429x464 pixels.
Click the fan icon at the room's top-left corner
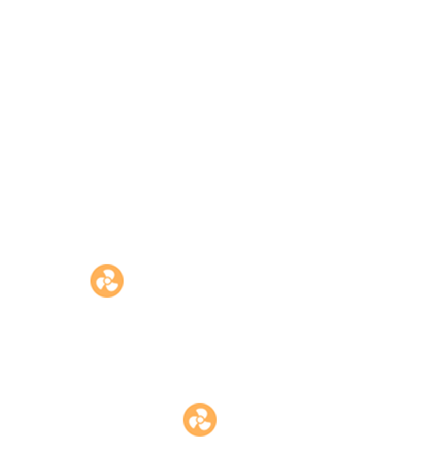[x=107, y=281]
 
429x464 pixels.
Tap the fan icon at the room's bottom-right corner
[x=200, y=420]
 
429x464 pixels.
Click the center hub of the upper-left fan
[x=107, y=281]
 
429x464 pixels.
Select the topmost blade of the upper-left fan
[x=108, y=273]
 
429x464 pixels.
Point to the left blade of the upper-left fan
[x=100, y=283]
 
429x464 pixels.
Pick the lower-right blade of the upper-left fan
[x=113, y=285]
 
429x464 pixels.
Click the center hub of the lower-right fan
[x=200, y=420]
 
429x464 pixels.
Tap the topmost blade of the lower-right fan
[x=200, y=412]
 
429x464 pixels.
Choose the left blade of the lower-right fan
[x=193, y=422]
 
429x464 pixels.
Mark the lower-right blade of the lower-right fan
[x=205, y=424]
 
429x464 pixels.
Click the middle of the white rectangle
[x=154, y=350]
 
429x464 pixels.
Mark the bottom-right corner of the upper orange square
[x=123, y=297]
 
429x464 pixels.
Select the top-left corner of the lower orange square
[x=183, y=403]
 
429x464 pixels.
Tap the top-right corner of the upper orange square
[x=123, y=264]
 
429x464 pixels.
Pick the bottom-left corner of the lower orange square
[x=183, y=436]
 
